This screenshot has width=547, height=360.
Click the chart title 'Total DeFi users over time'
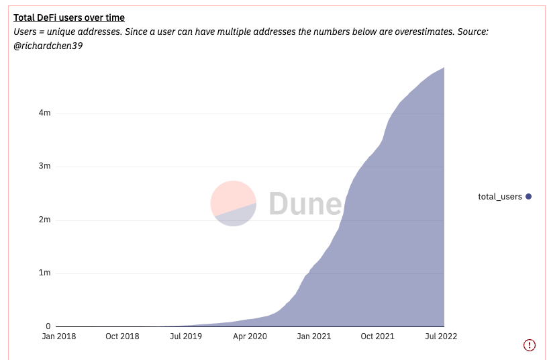69,17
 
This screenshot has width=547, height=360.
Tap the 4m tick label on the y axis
44,113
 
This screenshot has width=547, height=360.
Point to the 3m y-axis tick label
44,167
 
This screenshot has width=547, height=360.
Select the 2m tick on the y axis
44,220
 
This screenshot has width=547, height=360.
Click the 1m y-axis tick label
44,273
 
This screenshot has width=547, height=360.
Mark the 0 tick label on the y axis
48,326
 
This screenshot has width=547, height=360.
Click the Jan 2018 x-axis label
58,336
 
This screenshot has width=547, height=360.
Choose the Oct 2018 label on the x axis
122,336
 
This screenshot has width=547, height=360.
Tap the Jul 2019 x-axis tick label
186,336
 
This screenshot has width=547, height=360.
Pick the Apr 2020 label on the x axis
249,336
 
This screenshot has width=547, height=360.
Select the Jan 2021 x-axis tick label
313,336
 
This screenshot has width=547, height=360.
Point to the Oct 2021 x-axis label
377,336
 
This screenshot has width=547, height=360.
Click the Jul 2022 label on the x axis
440,336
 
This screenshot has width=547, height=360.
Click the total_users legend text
499,197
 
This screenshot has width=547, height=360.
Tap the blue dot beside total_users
529,197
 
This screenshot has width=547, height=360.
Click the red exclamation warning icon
530,345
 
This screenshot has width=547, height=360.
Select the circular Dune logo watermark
233,204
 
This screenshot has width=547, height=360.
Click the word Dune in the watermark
305,204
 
